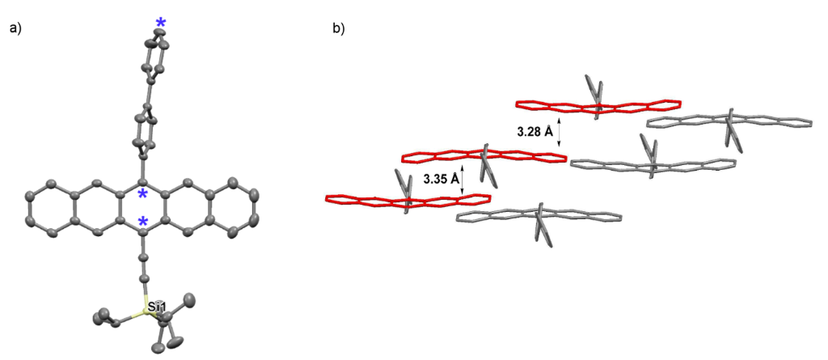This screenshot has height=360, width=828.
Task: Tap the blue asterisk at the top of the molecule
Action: tap(160, 24)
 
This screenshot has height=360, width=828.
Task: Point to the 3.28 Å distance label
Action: tap(535, 130)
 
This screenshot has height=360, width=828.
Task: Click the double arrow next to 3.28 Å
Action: tap(560, 130)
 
